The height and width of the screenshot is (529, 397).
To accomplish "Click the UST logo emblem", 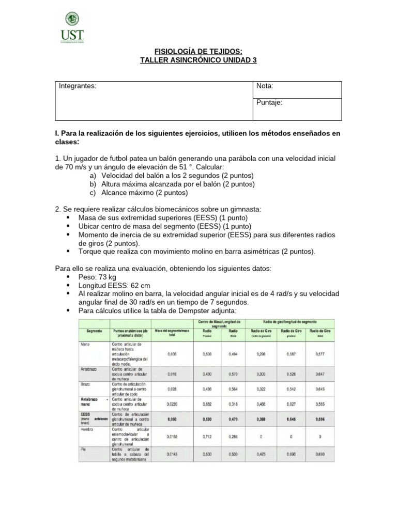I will pyautogui.click(x=72, y=20).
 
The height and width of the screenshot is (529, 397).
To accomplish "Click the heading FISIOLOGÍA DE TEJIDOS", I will pyautogui.click(x=198, y=51).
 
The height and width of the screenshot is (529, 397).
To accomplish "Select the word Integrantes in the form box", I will pyautogui.click(x=77, y=86).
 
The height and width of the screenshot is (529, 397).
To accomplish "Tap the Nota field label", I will pyautogui.click(x=265, y=86).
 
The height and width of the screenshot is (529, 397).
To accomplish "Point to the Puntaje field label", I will pyautogui.click(x=269, y=102).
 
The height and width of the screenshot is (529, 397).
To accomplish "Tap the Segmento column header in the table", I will pyautogui.click(x=95, y=330).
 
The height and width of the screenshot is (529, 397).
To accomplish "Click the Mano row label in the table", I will pyautogui.click(x=86, y=343).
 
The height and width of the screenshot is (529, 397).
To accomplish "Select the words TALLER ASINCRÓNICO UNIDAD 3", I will pyautogui.click(x=198, y=60).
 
